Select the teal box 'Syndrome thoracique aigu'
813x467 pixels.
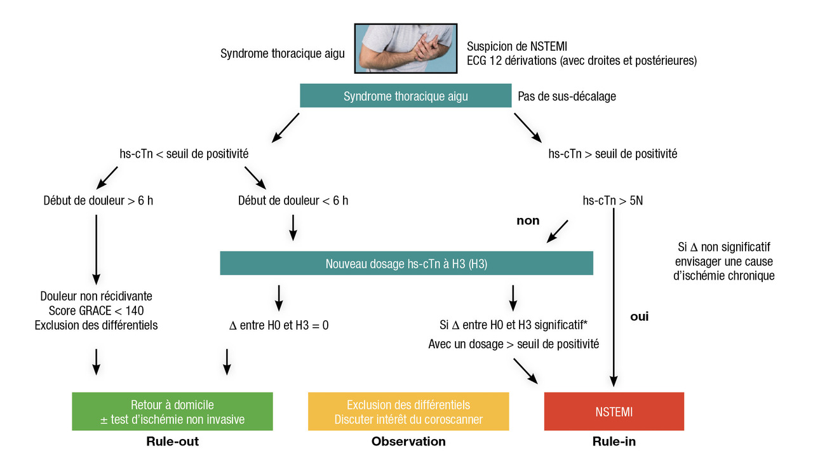pos(405,97)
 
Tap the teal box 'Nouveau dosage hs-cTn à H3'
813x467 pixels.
pos(406,264)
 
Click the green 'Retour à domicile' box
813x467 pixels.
pos(172,412)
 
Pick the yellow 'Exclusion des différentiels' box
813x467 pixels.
pos(408,412)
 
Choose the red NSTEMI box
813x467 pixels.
pos(614,412)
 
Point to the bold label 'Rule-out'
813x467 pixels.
pos(172,442)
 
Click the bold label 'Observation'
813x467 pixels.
pos(408,442)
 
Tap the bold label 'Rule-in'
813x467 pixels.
pos(613,442)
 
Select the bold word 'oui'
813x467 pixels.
pos(639,316)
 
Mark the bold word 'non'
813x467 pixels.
pos(527,220)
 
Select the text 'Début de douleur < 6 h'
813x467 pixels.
pos(293,201)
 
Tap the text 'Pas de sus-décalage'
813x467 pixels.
pos(567,97)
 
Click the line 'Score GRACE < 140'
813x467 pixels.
pos(96,311)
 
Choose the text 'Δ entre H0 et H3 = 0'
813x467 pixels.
pos(279,325)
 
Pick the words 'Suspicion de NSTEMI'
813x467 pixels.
pos(517,46)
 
